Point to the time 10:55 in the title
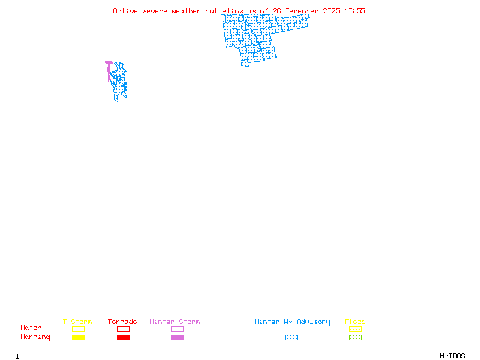[x=354, y=11]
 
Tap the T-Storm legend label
[x=77, y=322]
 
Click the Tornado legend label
[x=122, y=322]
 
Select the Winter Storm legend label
[x=175, y=322]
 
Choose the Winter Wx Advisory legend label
[x=292, y=322]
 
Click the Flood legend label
[x=355, y=322]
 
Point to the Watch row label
[x=31, y=328]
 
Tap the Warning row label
[x=35, y=337]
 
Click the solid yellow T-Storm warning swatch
[x=78, y=338]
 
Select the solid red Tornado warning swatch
[x=123, y=338]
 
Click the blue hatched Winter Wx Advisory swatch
[x=291, y=338]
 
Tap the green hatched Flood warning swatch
[x=355, y=338]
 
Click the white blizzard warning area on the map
[x=287, y=16]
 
